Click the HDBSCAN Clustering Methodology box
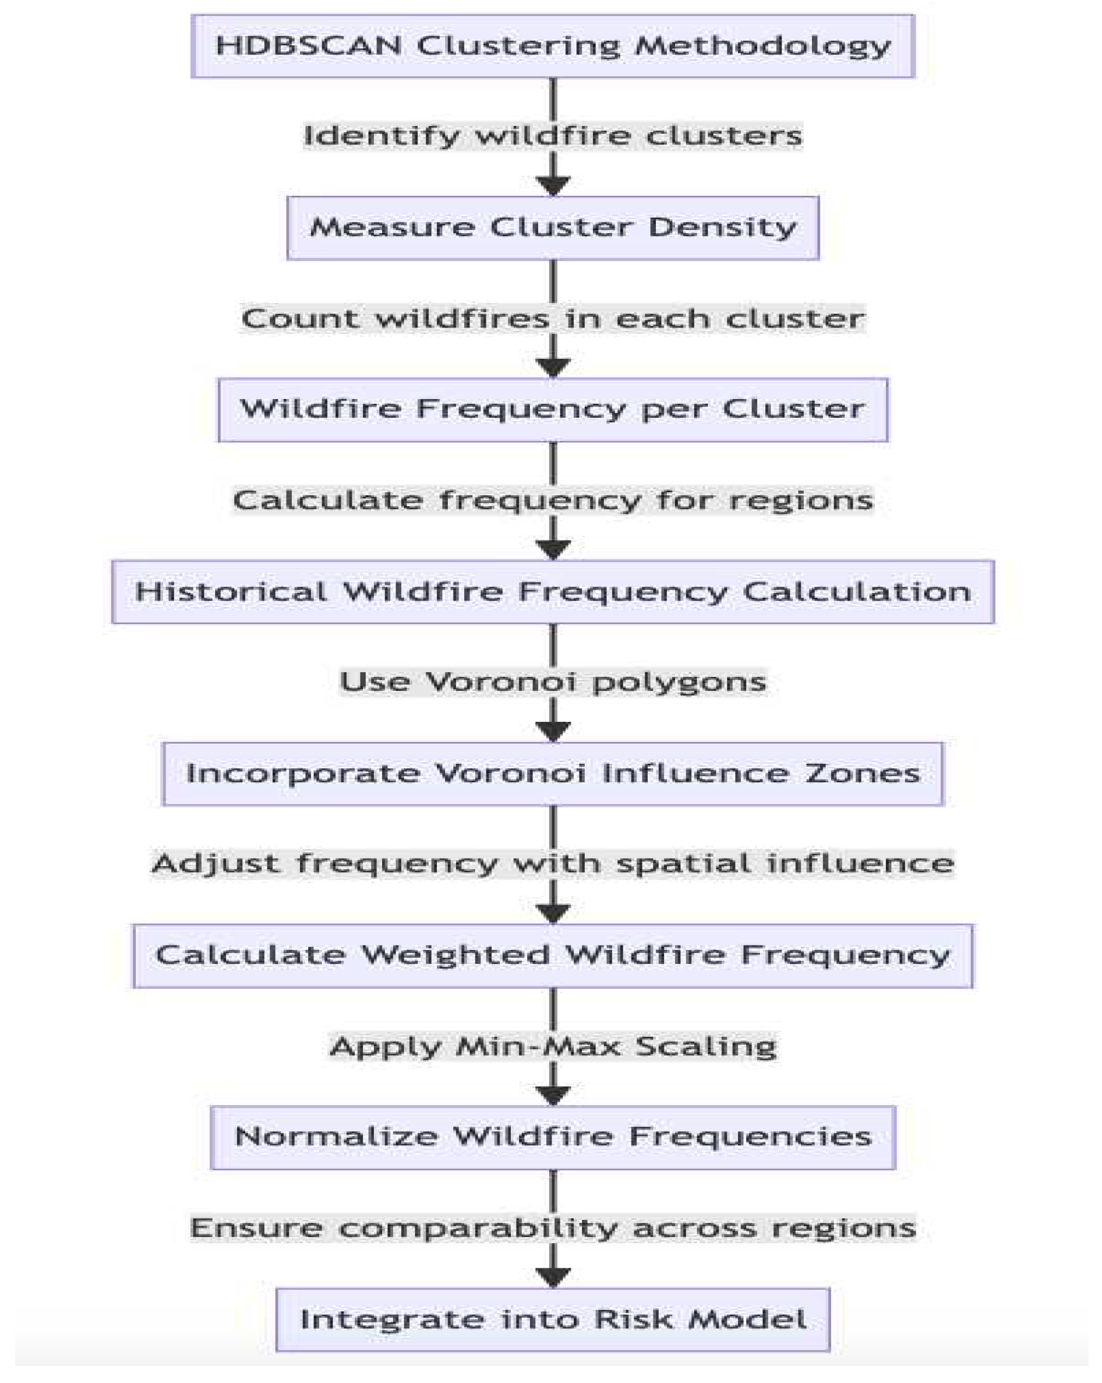(552, 46)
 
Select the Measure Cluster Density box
(552, 228)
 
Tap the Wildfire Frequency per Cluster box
(552, 410)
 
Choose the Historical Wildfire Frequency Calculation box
(552, 591)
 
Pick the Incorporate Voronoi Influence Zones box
(552, 773)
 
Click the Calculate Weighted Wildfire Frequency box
(552, 955)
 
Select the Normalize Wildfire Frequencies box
(552, 1137)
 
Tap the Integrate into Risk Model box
(552, 1320)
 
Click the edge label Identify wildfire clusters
(552, 136)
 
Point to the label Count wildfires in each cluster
(552, 319)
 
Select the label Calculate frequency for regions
(552, 500)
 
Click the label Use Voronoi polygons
(552, 682)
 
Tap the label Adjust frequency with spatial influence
(552, 863)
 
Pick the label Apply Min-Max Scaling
(552, 1046)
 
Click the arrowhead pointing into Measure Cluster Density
(553, 185)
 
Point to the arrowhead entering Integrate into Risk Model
(553, 1276)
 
